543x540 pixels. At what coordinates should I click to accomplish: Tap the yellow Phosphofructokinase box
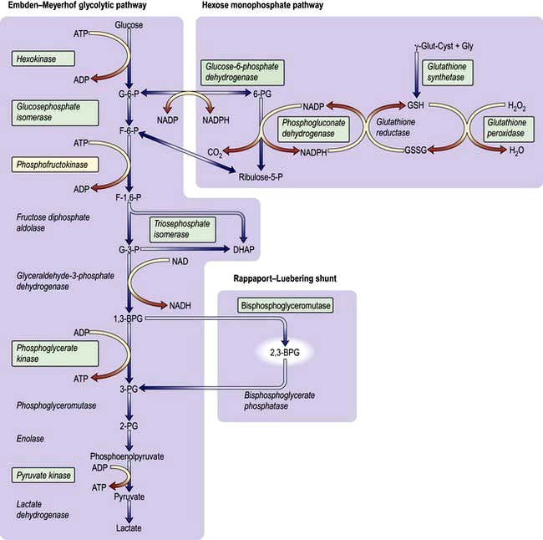pyautogui.click(x=52, y=165)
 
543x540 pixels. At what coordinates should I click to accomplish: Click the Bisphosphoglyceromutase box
pyautogui.click(x=286, y=307)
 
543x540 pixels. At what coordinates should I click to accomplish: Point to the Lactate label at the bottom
pyautogui.click(x=129, y=528)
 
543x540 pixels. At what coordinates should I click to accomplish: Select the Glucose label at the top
pyautogui.click(x=129, y=25)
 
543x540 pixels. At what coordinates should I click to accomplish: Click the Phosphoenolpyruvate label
pyautogui.click(x=127, y=456)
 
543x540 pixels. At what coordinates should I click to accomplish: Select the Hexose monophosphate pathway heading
pyautogui.click(x=263, y=7)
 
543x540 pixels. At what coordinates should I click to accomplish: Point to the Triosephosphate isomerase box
pyautogui.click(x=181, y=228)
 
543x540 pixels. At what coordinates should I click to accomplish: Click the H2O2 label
pyautogui.click(x=518, y=107)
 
